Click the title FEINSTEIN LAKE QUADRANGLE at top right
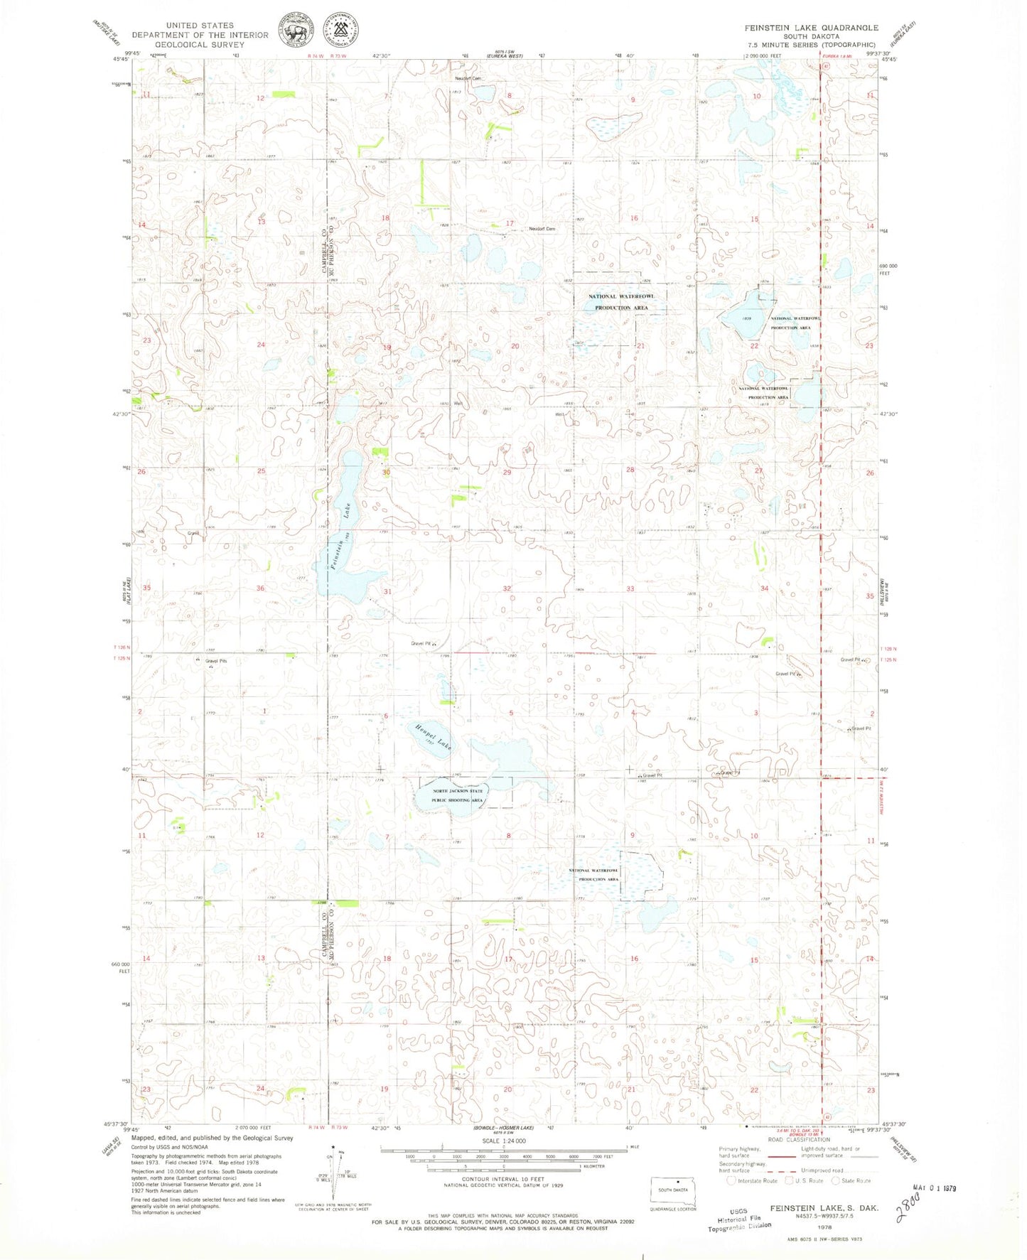[811, 28]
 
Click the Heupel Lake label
[432, 737]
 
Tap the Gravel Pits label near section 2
[216, 661]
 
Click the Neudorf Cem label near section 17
[542, 229]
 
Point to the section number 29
[507, 473]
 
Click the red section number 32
[507, 588]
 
